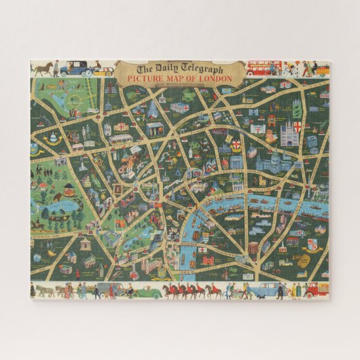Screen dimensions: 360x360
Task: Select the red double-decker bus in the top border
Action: [x=264, y=67]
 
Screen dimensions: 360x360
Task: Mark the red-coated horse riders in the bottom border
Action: [x=183, y=291]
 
